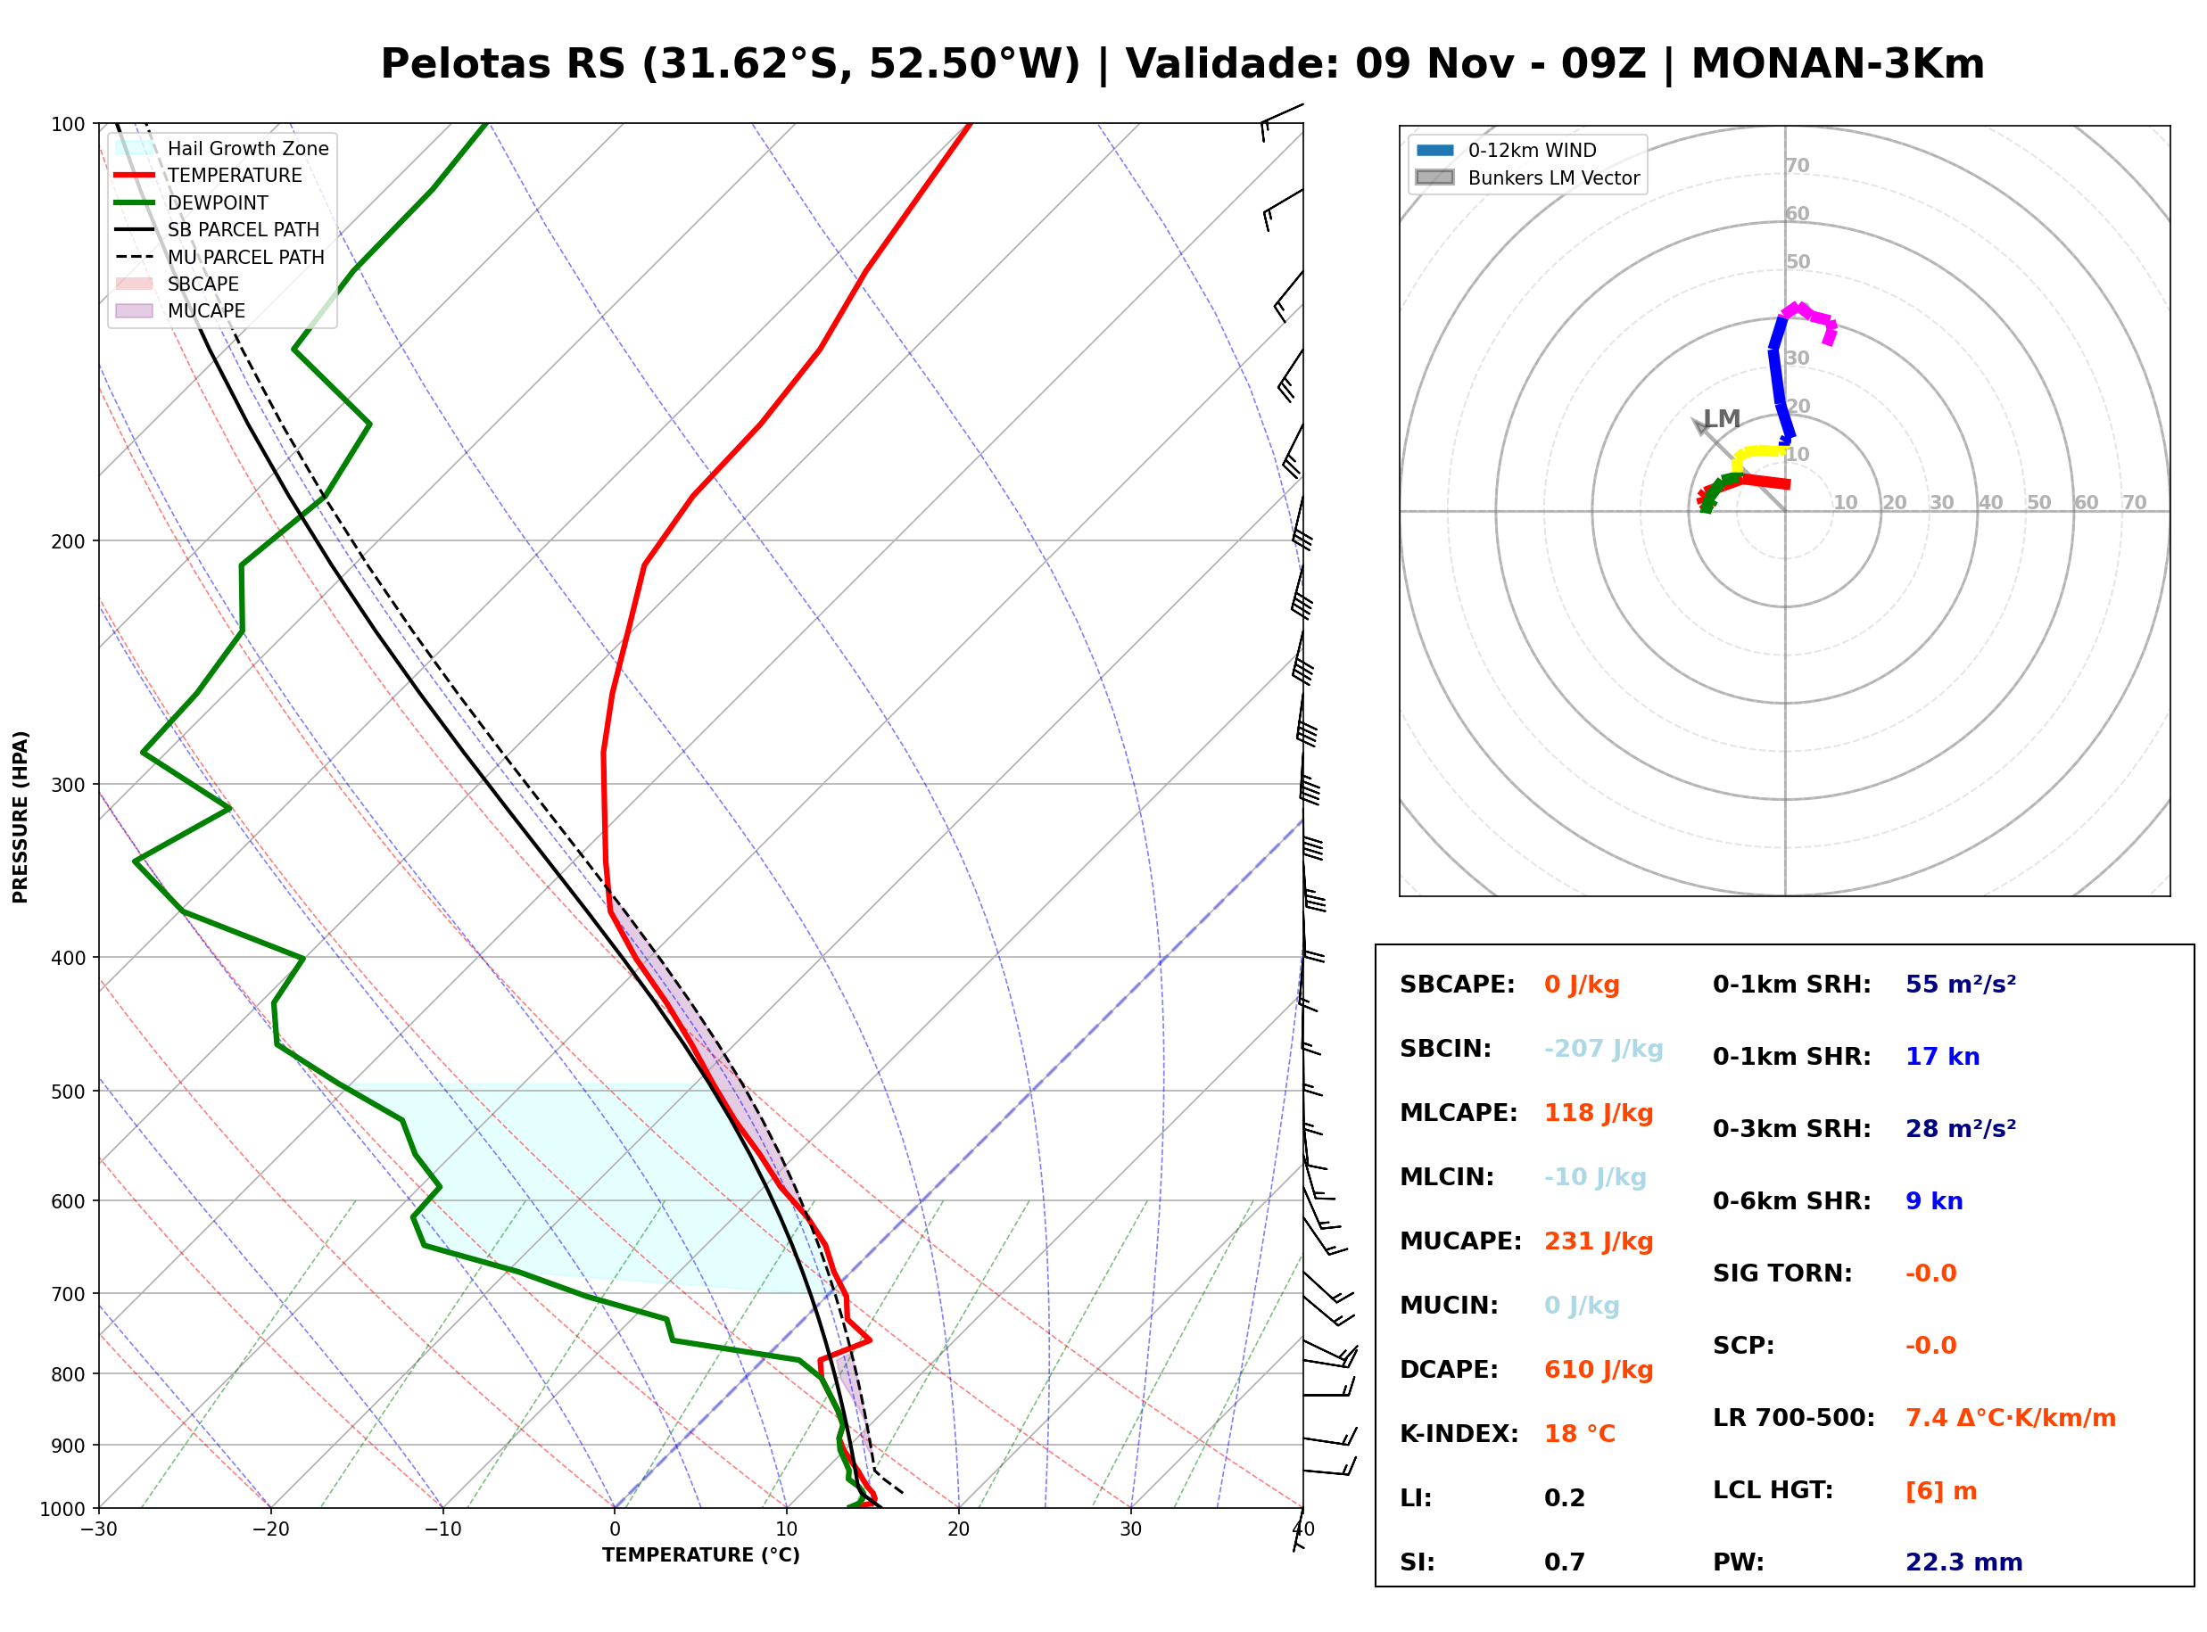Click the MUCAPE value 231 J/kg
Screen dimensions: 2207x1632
coord(1599,1241)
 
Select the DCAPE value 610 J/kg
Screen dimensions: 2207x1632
coord(1599,1370)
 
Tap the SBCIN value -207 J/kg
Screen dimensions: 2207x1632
coord(1603,1049)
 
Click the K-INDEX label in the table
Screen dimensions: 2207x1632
coord(1459,1434)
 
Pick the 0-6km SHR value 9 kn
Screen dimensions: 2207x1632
coord(1933,1201)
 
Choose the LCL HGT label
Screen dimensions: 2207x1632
coord(1773,1491)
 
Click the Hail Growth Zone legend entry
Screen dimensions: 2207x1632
coord(222,148)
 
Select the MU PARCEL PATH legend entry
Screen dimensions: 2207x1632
coord(220,257)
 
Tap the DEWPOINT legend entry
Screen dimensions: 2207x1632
coord(192,202)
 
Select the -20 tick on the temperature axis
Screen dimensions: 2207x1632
coord(270,1530)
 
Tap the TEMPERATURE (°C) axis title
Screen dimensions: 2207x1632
coord(700,1556)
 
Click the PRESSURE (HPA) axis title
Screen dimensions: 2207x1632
coord(21,817)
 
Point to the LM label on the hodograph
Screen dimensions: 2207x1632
coord(1722,419)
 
